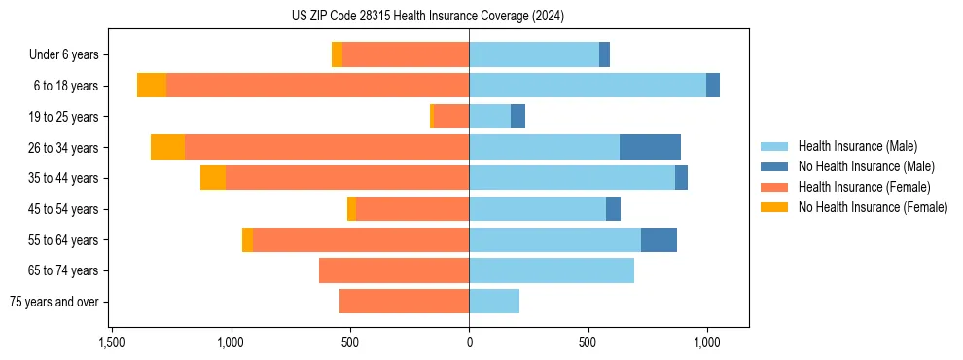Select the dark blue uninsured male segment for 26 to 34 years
(650, 147)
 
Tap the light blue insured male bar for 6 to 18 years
(588, 86)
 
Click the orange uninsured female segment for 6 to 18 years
(152, 86)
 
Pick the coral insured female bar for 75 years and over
(404, 302)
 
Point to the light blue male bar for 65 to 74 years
(552, 270)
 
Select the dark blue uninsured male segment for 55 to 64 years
(659, 239)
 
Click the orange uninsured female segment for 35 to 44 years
(213, 178)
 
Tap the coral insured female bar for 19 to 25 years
(451, 117)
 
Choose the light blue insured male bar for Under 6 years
(534, 54)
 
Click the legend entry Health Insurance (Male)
(857, 146)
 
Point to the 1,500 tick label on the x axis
(112, 343)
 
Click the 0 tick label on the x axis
(469, 343)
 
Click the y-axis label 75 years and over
(54, 302)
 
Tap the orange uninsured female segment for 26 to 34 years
(167, 147)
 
